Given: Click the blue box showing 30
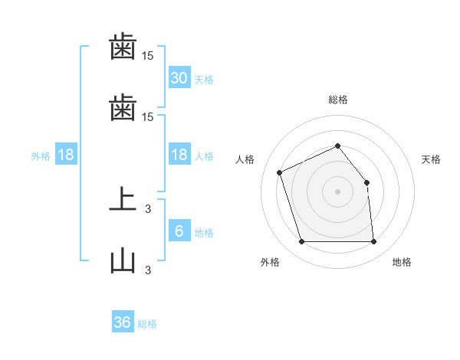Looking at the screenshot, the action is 179,77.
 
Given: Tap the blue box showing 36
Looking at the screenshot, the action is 123,321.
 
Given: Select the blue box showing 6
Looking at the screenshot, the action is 179,230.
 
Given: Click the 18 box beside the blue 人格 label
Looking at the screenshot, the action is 179,154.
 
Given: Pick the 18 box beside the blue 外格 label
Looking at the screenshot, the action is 66,154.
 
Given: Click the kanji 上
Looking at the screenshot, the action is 123,199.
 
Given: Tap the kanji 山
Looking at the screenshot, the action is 123,260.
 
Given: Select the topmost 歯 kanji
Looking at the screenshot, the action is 123,46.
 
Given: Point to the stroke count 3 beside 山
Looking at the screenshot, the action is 148,270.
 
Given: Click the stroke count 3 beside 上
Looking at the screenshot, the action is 148,209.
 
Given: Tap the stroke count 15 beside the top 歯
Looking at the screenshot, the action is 147,56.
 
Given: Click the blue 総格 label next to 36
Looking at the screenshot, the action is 147,324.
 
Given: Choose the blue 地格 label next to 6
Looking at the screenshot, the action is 204,233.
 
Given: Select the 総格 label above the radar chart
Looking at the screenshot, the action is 338,100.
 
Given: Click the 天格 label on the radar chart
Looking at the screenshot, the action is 431,159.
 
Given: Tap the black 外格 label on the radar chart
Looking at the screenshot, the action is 270,262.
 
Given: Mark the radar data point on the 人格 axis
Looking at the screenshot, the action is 279,172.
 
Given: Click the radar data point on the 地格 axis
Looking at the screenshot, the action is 373,241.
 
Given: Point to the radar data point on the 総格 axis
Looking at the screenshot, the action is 337,146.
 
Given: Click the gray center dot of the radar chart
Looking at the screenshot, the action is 337,191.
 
